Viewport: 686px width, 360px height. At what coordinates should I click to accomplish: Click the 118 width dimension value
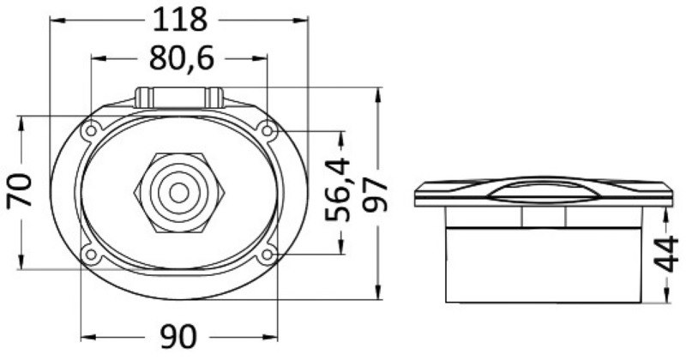(179, 20)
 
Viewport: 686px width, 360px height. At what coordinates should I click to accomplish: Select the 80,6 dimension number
(182, 59)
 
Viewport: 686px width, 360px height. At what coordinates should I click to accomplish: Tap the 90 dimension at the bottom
(178, 337)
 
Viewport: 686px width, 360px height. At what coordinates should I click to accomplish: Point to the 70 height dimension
(20, 190)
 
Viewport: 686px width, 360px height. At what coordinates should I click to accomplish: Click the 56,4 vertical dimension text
(338, 189)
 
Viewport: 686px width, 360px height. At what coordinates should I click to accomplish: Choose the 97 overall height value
(376, 195)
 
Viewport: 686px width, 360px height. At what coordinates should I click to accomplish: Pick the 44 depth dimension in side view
(665, 255)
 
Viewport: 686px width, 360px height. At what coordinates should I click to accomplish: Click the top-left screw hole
(91, 130)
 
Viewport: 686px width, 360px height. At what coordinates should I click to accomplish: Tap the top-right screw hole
(268, 130)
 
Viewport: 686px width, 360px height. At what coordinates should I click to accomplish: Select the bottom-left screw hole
(91, 255)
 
